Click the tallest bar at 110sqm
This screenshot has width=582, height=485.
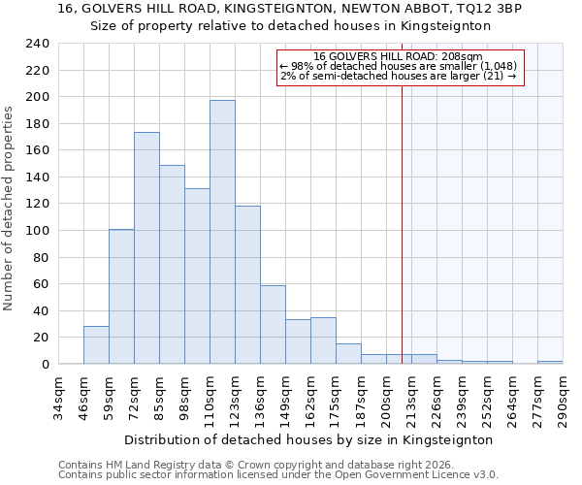[222, 233]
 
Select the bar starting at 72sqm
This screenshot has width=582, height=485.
[146, 248]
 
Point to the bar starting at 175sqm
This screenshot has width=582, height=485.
[348, 354]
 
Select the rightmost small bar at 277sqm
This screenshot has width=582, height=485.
[550, 362]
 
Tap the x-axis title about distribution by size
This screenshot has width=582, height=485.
[309, 439]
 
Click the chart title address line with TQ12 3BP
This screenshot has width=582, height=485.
[290, 9]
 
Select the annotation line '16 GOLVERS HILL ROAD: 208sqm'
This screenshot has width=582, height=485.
[398, 57]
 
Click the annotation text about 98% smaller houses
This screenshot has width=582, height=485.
[398, 66]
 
